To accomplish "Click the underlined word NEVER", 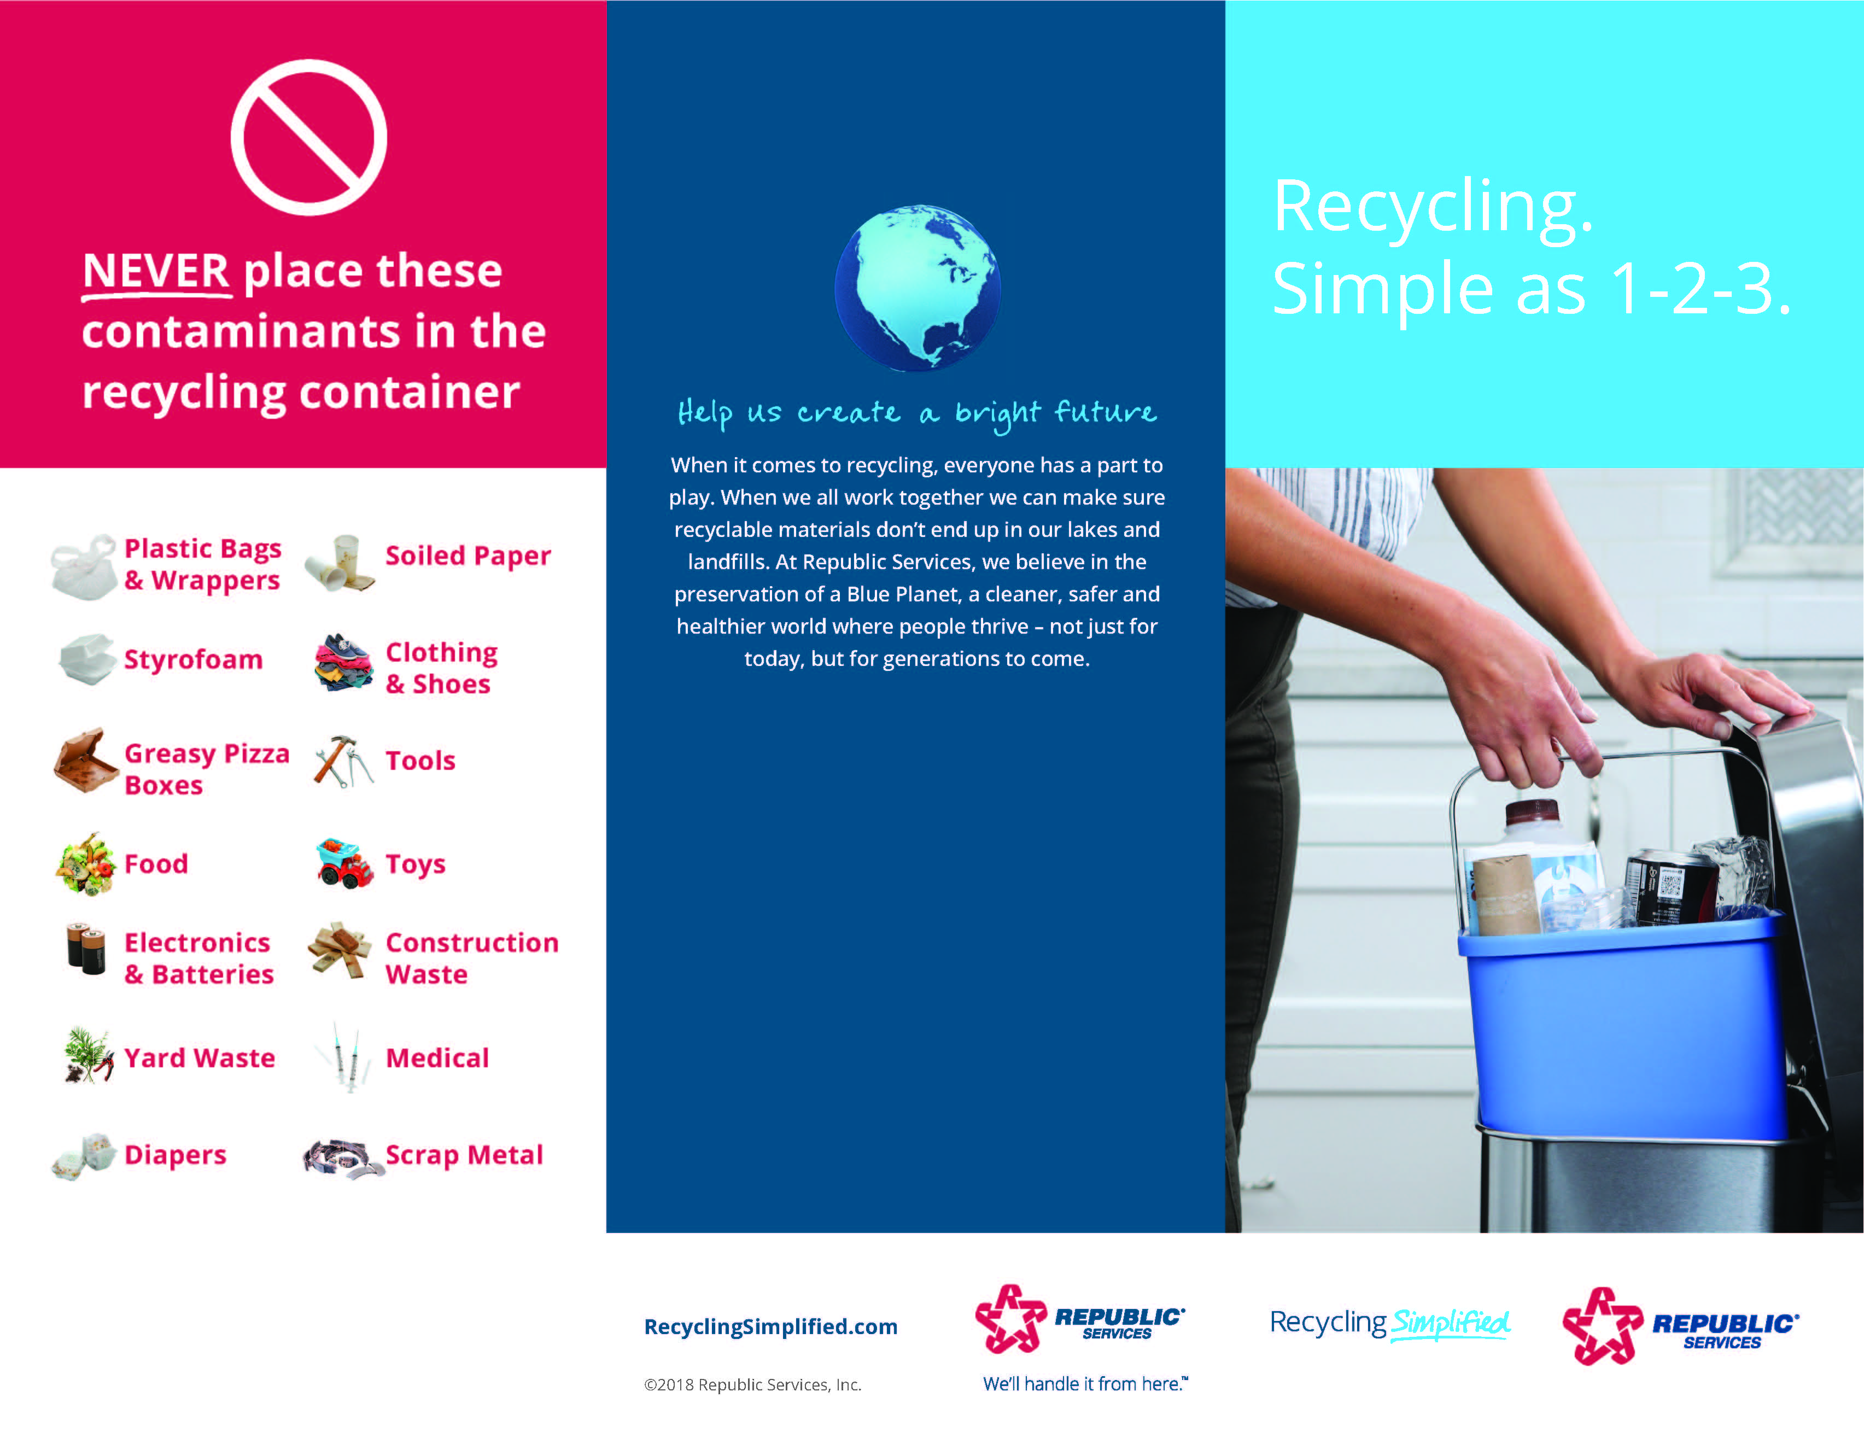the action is coord(156,271).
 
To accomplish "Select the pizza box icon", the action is coord(85,761).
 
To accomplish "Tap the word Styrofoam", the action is coord(194,660).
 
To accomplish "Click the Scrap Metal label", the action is coord(464,1155).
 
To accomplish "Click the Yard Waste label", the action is coord(200,1059).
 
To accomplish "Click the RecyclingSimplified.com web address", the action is coord(770,1326).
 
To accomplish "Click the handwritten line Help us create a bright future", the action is coord(918,414).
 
